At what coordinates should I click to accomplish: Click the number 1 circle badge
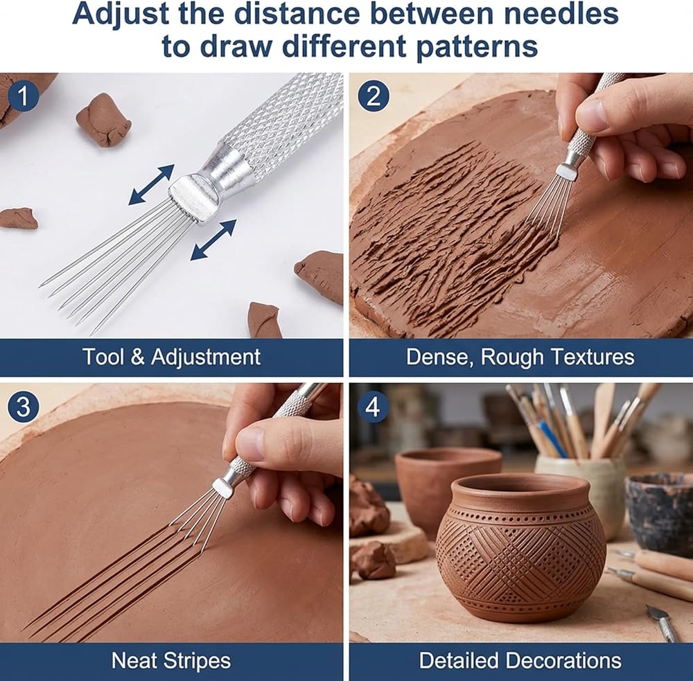point(24,96)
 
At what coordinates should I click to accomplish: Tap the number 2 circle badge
point(374,96)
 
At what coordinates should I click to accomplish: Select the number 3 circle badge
point(24,406)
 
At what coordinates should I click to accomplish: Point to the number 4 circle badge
point(373,406)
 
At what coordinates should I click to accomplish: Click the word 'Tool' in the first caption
point(103,356)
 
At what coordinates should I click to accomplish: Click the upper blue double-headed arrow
point(151,185)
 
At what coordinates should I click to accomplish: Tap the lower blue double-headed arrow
point(213,240)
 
